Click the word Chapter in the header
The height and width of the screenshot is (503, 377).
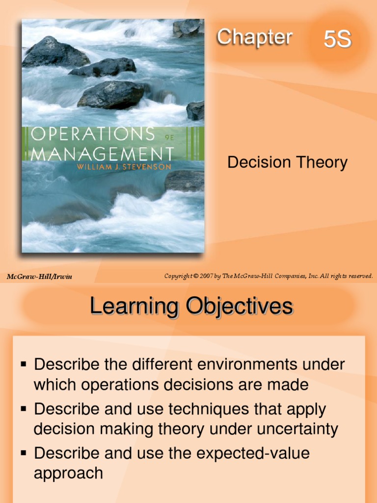click(x=254, y=37)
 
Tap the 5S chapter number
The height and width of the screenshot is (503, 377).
click(x=337, y=40)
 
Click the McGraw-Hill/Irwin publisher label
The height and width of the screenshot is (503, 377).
click(x=39, y=277)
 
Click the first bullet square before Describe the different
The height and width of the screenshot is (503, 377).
click(x=23, y=364)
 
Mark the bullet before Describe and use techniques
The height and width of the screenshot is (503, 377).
click(x=23, y=408)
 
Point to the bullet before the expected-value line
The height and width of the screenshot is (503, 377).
click(x=23, y=452)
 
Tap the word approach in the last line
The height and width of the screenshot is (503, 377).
click(x=68, y=474)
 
